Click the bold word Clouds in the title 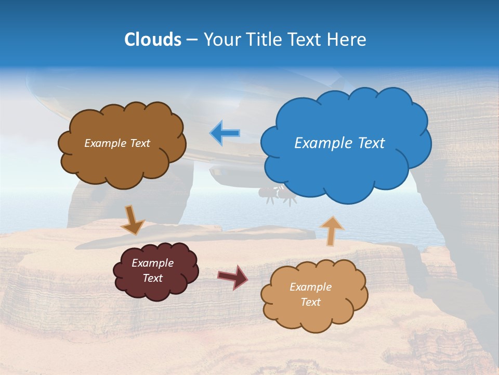152,40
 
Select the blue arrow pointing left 225,133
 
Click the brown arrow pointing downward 132,219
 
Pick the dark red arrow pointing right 232,277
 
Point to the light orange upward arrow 331,231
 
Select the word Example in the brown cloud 105,143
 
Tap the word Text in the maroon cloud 152,278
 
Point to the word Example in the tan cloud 310,287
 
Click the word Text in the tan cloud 310,302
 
